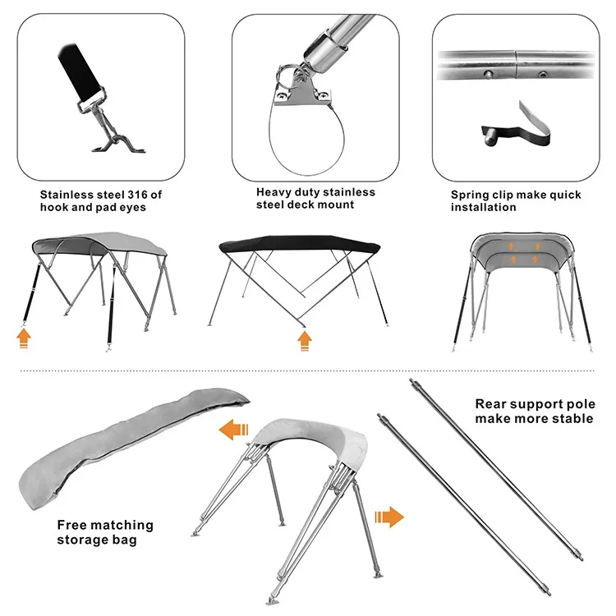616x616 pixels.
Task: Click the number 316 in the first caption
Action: (138, 195)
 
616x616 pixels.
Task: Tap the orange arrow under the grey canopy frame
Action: (24, 338)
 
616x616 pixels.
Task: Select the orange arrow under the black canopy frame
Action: (305, 341)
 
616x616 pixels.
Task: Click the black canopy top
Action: (299, 244)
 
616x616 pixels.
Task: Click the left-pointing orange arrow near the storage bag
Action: (234, 430)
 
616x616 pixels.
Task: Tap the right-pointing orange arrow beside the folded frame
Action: (389, 517)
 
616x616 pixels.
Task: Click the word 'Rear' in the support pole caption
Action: (490, 404)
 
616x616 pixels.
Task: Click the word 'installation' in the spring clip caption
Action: (483, 208)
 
